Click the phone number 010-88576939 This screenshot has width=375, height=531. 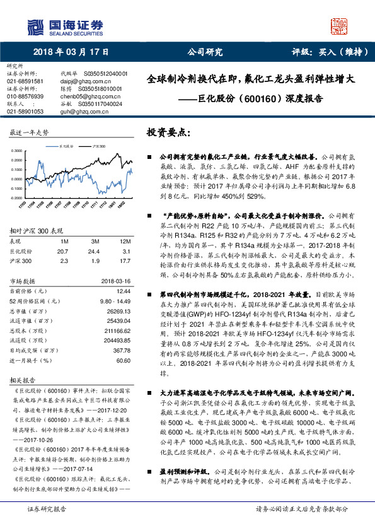(x=25, y=96)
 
